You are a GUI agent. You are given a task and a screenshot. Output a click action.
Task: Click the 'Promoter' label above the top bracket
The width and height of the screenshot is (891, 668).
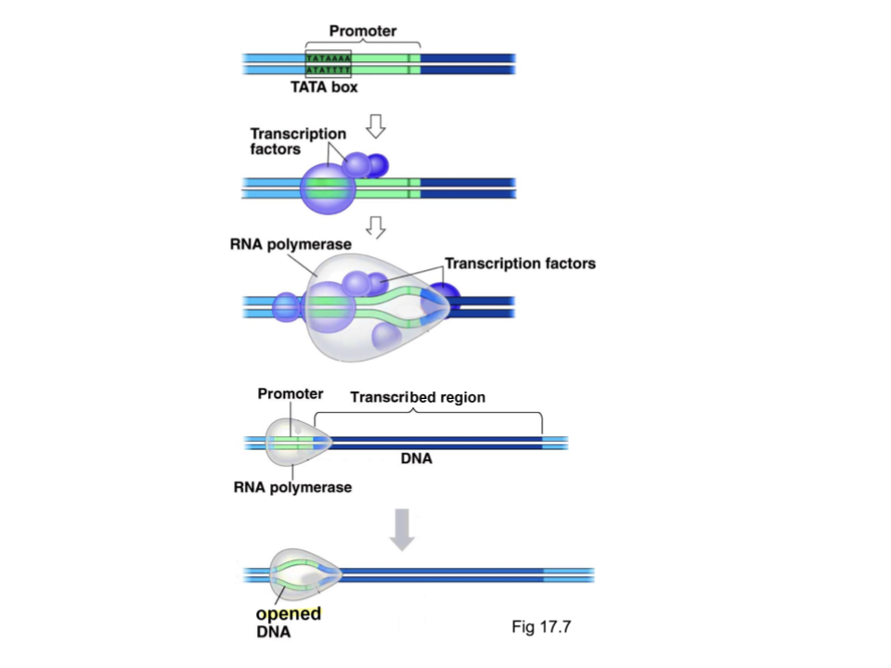click(x=362, y=32)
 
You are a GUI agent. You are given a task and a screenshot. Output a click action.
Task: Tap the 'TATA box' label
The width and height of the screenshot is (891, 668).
click(x=325, y=88)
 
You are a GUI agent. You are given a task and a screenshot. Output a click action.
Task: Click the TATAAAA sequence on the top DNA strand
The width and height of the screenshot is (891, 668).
click(x=328, y=58)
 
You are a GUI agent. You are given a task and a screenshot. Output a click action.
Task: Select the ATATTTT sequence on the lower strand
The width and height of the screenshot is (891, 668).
click(x=328, y=70)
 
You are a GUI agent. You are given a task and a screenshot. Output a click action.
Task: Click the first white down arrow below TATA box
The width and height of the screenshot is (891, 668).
click(x=376, y=126)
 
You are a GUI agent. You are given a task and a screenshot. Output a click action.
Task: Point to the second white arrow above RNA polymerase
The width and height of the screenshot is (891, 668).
click(x=376, y=226)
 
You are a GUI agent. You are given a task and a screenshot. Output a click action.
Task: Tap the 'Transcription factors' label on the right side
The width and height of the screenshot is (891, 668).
click(x=520, y=263)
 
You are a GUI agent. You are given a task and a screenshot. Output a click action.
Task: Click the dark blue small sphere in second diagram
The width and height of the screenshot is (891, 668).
click(x=377, y=165)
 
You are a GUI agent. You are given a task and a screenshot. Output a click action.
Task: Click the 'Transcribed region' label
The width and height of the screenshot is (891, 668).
click(x=418, y=397)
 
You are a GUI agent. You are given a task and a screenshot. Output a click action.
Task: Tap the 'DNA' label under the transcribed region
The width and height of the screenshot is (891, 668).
click(x=417, y=458)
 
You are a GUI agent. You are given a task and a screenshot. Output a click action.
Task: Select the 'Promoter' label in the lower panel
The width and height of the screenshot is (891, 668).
click(x=291, y=394)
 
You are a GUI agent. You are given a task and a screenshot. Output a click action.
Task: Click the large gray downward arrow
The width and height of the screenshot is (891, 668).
click(x=402, y=529)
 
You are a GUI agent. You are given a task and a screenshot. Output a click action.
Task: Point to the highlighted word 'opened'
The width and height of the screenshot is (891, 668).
click(x=288, y=614)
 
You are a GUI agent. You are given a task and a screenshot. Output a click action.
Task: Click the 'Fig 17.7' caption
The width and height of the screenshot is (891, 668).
click(x=541, y=626)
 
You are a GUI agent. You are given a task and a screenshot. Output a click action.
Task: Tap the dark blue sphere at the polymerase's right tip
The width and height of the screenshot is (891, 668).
click(x=445, y=299)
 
